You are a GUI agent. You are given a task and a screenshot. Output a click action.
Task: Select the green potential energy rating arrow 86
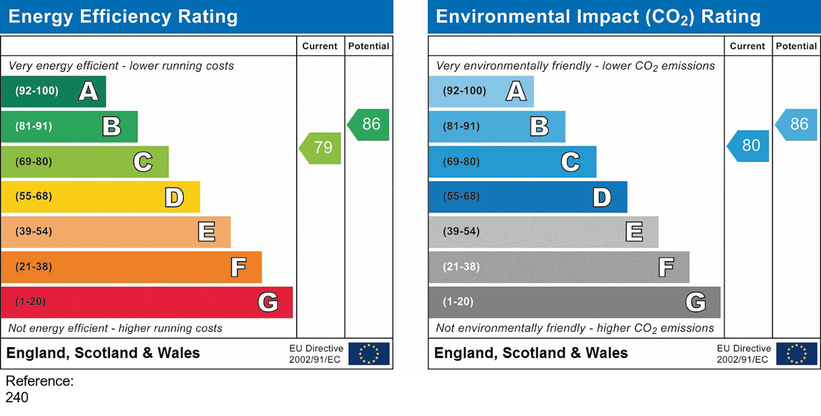point(370,125)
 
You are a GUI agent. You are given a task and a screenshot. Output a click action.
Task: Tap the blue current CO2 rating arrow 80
point(749,146)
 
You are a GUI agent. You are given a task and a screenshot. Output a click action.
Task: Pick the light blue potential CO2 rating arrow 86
point(797,125)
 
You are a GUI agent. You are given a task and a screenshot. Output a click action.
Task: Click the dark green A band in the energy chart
point(53,91)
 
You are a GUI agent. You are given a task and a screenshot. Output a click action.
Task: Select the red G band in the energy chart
point(146,302)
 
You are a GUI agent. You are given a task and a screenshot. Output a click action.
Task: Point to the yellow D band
point(100,197)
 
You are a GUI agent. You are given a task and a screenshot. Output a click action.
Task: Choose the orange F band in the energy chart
point(131,267)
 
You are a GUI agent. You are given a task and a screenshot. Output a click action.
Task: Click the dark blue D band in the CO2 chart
point(527,197)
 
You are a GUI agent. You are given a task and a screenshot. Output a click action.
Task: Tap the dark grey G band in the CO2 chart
point(574,302)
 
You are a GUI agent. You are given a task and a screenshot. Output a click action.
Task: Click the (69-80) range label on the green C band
point(34,161)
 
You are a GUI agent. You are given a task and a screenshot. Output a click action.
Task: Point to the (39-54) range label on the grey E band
point(461,231)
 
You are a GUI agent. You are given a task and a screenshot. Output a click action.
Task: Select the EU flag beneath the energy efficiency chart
point(369,354)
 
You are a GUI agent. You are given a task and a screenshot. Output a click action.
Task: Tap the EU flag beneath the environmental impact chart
point(796,354)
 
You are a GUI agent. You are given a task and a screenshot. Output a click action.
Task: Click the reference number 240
point(17,397)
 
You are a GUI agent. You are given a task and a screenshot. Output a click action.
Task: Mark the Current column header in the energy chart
point(320,46)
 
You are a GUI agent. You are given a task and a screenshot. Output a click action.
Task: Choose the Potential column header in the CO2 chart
point(796,46)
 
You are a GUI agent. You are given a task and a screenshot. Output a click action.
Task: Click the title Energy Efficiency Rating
point(123,17)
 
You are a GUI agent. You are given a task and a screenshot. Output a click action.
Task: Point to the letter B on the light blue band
point(539,127)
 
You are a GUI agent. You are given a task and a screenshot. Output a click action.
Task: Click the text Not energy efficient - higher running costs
point(115,328)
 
